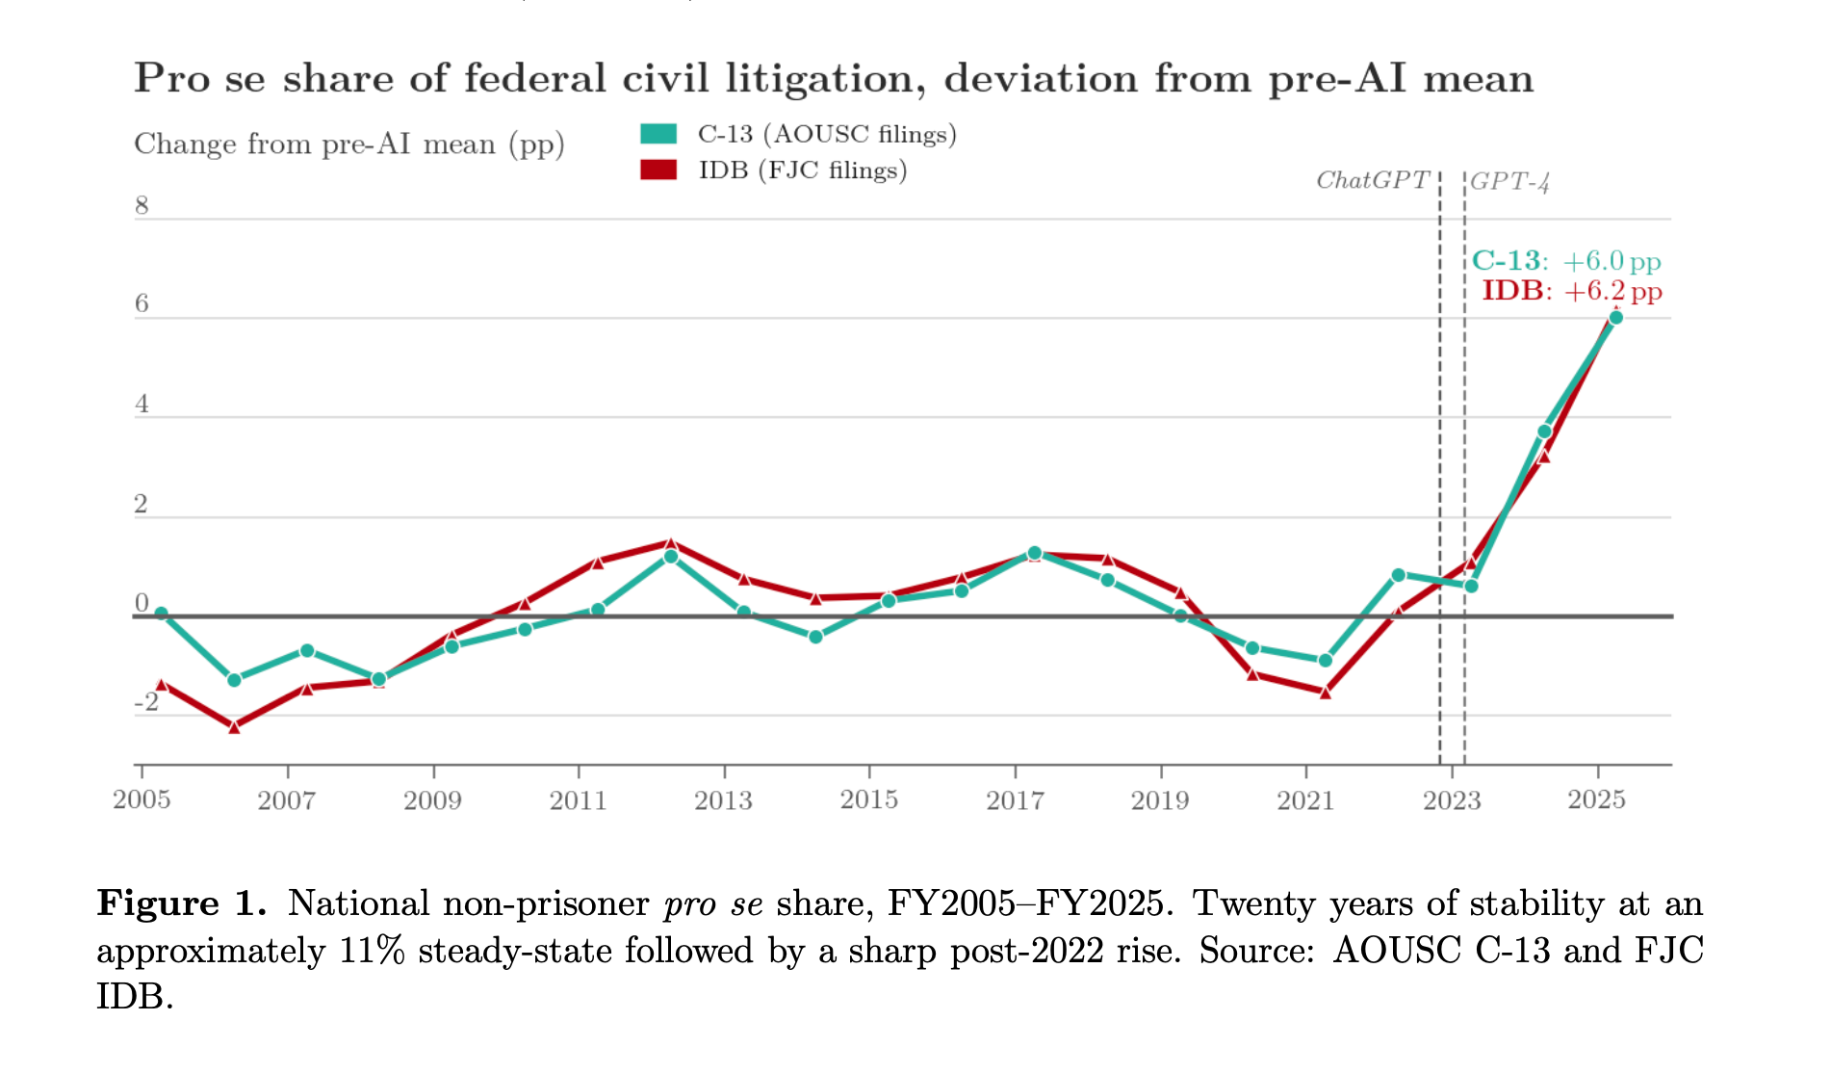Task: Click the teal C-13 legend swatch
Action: click(x=658, y=134)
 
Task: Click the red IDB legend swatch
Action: click(x=658, y=170)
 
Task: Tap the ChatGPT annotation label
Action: click(x=1372, y=181)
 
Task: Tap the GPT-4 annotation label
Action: click(x=1509, y=182)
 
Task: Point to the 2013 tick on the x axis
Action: click(x=724, y=799)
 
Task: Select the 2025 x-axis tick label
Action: click(x=1596, y=799)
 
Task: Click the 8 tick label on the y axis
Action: click(x=142, y=205)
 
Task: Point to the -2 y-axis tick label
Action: click(x=146, y=702)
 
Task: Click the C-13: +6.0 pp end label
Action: click(x=1566, y=261)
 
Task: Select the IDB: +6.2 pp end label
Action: click(x=1571, y=291)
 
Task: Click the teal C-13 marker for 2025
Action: click(x=1615, y=318)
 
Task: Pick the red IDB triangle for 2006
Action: click(x=234, y=727)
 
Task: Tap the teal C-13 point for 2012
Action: click(x=671, y=557)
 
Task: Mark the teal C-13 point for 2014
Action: click(x=815, y=637)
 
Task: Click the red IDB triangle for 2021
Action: click(x=1326, y=692)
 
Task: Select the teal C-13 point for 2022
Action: click(x=1398, y=575)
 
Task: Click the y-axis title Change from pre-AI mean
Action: click(x=348, y=144)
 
